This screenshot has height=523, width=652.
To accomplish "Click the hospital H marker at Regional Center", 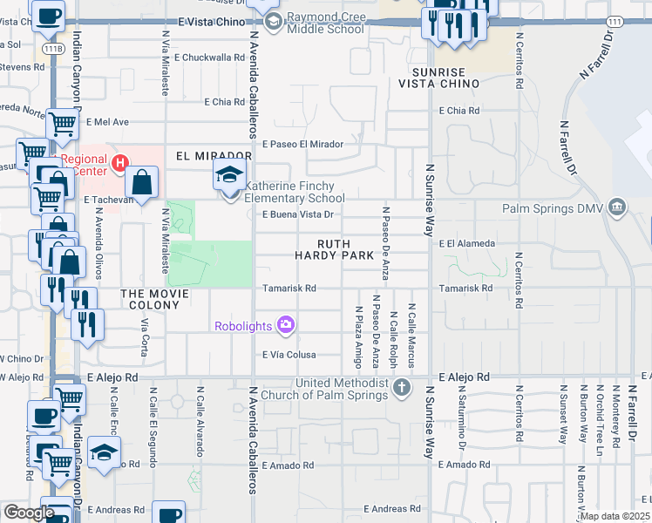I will point(120,162).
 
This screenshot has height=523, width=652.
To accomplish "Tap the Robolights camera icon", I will point(286,326).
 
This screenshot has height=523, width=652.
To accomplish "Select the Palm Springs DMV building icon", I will point(617,207).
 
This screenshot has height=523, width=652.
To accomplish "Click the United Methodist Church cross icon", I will point(401,386).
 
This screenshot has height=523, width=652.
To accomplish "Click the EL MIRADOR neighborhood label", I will point(207,156).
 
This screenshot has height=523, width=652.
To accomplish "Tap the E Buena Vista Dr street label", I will point(298,214).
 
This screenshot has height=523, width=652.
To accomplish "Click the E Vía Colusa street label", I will point(289,355).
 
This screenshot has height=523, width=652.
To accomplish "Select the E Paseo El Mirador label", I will point(302,144).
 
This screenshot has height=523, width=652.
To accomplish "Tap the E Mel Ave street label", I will point(107,122).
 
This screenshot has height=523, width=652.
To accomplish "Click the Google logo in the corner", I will point(28,513).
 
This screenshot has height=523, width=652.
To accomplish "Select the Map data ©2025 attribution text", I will point(614,516).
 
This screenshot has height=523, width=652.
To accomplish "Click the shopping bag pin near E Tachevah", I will point(140,182).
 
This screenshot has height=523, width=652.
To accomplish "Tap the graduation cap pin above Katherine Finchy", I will point(230,175).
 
